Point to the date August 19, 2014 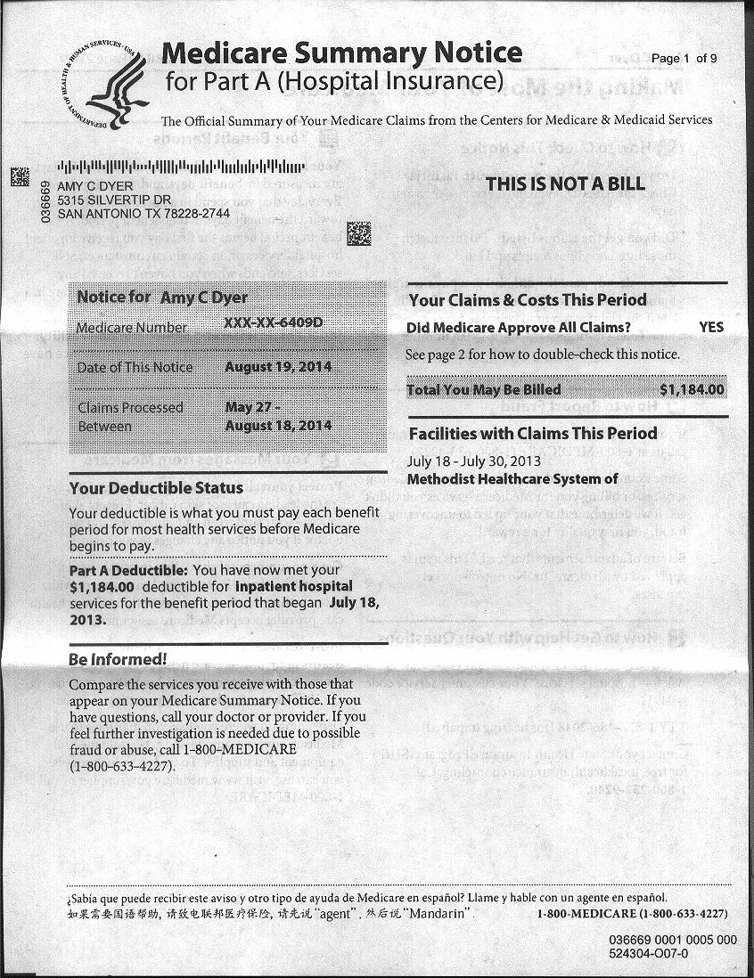(278, 367)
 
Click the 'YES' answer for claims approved (711, 327)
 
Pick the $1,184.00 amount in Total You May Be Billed (692, 389)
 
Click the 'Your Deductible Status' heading (156, 487)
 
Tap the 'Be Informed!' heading (118, 660)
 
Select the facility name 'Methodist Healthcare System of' (512, 479)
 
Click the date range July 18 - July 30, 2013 (473, 461)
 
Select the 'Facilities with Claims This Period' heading (532, 434)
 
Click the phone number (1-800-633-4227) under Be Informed (121, 765)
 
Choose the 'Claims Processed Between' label (130, 416)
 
